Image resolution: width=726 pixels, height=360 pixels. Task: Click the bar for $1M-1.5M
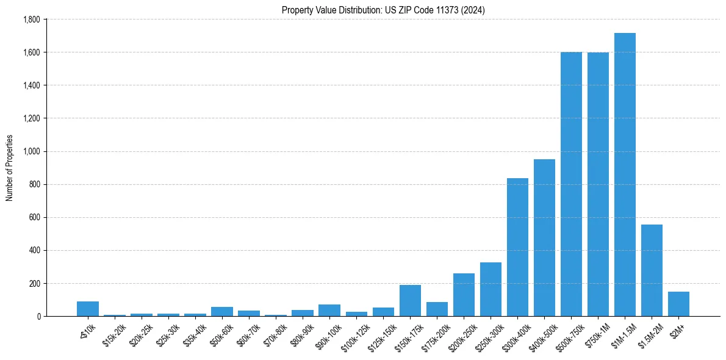click(x=625, y=175)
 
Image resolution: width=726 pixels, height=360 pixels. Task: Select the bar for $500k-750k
click(x=571, y=184)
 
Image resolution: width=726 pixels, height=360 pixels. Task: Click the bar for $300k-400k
click(x=517, y=247)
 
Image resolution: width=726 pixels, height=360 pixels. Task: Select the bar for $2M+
click(x=678, y=304)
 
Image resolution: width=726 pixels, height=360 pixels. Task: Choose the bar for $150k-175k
click(x=410, y=301)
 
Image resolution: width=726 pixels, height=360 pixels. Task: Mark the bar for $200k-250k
click(x=464, y=295)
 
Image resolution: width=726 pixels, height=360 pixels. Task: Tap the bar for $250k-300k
click(x=491, y=289)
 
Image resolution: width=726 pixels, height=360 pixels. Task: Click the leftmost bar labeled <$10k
click(x=88, y=309)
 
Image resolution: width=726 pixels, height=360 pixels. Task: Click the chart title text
click(x=383, y=10)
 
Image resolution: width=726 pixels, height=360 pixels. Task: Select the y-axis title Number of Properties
click(x=9, y=168)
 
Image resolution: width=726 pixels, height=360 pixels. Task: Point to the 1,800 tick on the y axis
click(x=31, y=20)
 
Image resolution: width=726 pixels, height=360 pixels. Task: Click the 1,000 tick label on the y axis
click(x=31, y=151)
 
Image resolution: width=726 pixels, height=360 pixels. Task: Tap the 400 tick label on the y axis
click(x=34, y=250)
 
